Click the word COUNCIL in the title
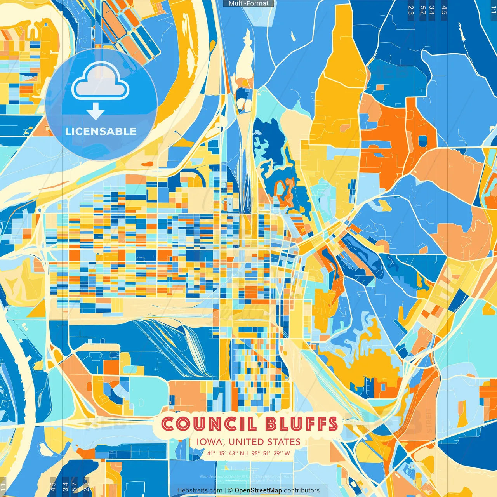209,424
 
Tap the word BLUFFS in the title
302,424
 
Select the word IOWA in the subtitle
210,442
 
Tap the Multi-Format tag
248,3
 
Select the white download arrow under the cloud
96,111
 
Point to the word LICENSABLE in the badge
101,132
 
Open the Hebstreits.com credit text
200,490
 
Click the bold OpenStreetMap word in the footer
258,490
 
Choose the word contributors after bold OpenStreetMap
302,490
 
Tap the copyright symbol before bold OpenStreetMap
230,490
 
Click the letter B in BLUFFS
273,424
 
